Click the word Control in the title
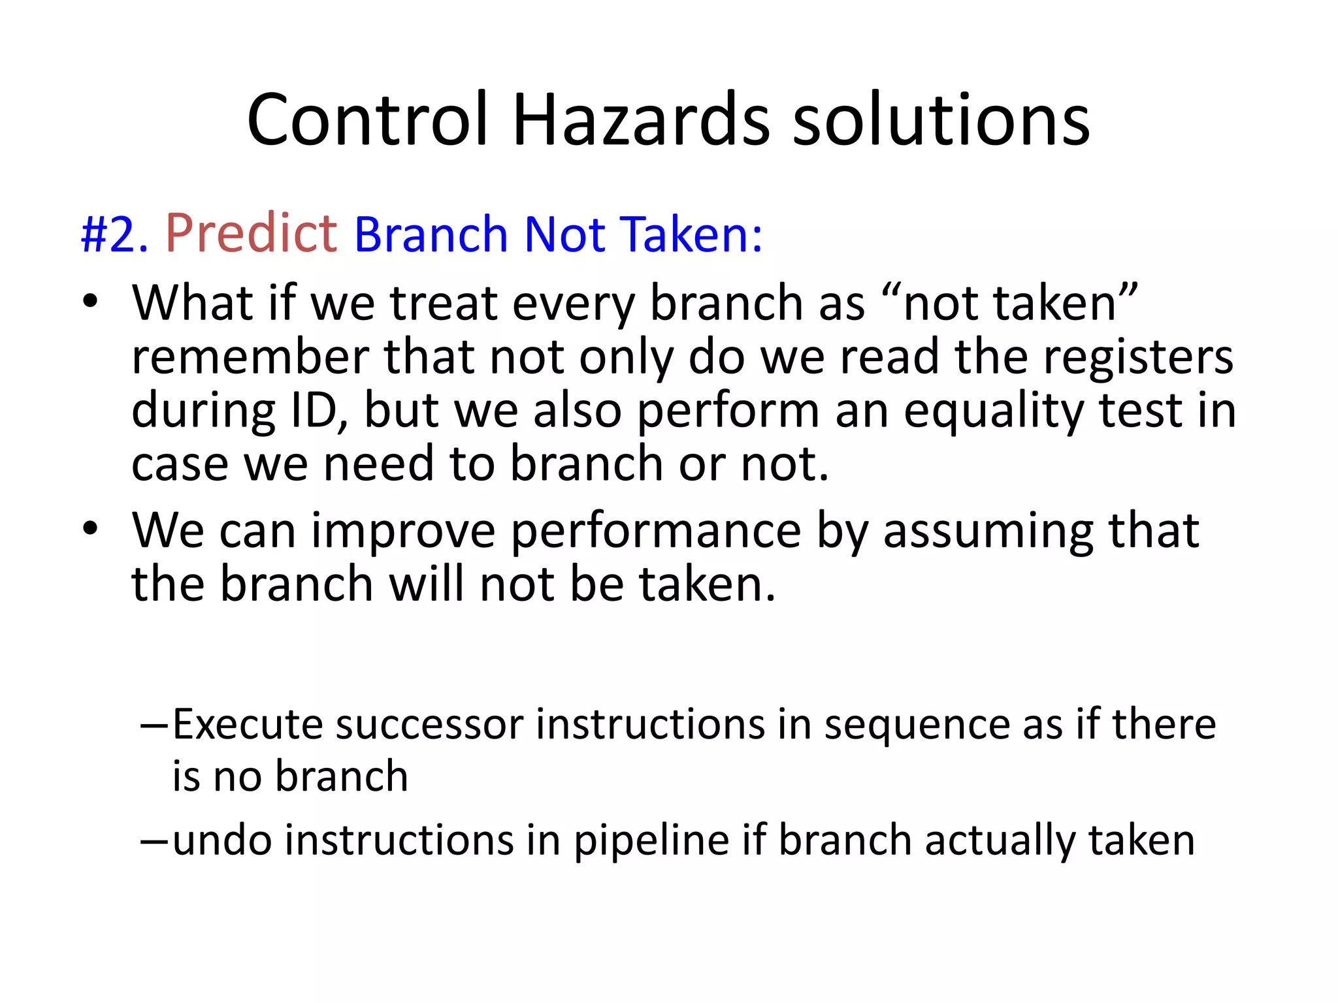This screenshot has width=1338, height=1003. (368, 120)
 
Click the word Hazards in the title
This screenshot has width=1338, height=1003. (641, 120)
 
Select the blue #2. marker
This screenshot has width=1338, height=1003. (114, 234)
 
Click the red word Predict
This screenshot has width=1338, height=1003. (252, 233)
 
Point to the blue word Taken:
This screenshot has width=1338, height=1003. (691, 234)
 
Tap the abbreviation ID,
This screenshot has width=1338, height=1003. (318, 411)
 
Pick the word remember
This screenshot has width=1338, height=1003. (250, 357)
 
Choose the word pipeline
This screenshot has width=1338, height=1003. (651, 841)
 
